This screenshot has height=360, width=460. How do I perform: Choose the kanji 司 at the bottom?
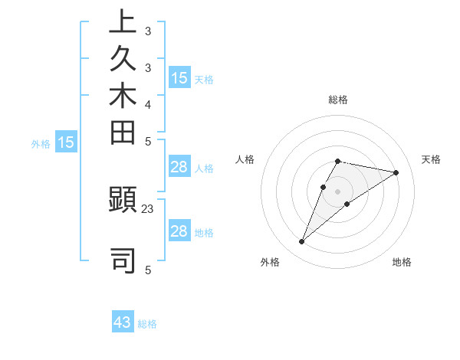[x=123, y=260]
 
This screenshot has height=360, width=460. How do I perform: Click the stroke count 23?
[x=148, y=208]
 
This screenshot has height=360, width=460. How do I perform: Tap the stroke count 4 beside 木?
[x=148, y=104]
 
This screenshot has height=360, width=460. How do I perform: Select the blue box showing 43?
[x=123, y=322]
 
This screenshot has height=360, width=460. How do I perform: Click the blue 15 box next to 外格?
[x=66, y=142]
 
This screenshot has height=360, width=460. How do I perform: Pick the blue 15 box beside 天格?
[x=179, y=77]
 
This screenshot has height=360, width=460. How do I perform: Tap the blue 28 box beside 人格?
[x=179, y=168]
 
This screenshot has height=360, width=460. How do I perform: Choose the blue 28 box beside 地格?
[x=179, y=231]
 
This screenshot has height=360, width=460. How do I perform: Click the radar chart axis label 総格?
[x=338, y=100]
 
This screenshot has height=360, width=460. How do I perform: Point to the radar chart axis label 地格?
[x=402, y=262]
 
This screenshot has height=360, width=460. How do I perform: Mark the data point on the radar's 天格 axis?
[x=396, y=172]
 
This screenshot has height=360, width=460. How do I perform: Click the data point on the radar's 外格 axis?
[x=302, y=242]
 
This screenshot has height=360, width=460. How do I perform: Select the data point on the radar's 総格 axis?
[x=338, y=161]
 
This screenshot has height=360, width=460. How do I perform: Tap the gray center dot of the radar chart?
[x=338, y=191]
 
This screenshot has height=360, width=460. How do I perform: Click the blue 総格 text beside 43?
[x=147, y=324]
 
